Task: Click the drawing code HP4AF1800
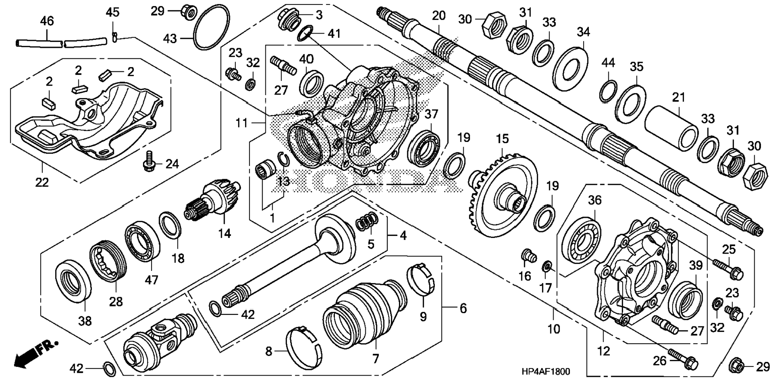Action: [x=546, y=372]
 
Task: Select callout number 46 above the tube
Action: [x=47, y=21]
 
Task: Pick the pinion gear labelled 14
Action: [x=212, y=200]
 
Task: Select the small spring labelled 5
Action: [x=367, y=221]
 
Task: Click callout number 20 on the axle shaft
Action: [x=438, y=16]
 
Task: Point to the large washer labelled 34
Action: [x=572, y=64]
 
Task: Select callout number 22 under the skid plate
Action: [x=42, y=182]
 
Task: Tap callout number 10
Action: [x=554, y=329]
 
